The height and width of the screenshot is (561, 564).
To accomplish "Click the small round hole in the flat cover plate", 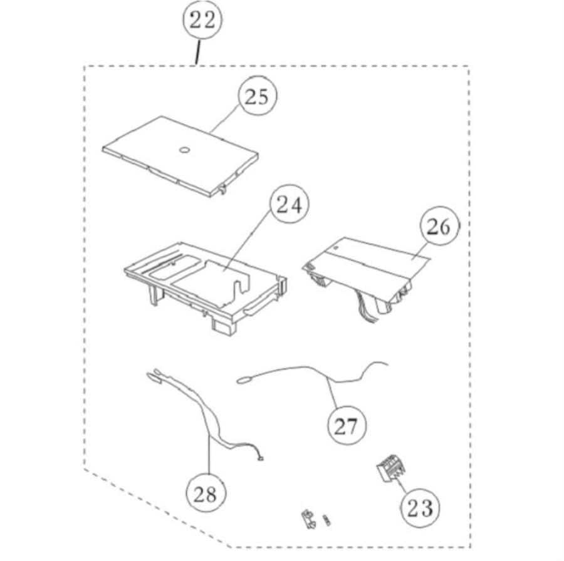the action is pos(184,150).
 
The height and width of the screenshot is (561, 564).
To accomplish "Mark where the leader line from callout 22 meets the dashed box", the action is pos(196,65).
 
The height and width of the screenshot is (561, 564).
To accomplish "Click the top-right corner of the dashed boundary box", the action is pos(468,66).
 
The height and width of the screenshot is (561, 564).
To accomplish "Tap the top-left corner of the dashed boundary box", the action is pos(84,66).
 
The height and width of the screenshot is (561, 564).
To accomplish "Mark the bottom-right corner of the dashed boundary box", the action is pos(470,547).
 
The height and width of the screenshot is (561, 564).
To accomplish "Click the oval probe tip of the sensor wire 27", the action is pos(243,379).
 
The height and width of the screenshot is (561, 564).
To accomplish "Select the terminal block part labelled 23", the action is pos(390,468).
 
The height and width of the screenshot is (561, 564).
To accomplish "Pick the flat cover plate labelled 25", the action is pos(180,157).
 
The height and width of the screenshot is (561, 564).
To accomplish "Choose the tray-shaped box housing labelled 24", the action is pos(206,287).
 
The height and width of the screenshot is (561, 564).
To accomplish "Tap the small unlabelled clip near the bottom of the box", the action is pos(308,519).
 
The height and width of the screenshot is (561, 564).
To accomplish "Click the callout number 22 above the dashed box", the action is pos(202,20).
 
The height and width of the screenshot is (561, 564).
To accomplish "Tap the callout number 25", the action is pos(257,96).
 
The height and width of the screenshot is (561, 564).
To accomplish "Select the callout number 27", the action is pos(347,426).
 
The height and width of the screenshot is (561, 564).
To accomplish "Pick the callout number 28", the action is pos(206,494).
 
